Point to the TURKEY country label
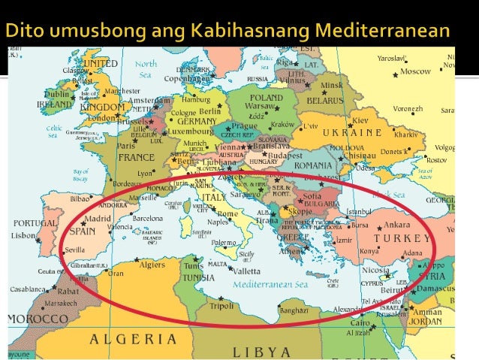point(405,238)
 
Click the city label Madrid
point(97,219)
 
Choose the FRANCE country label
point(137,159)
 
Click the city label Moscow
point(415,71)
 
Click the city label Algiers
point(153,265)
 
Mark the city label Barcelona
point(146,219)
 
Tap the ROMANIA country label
point(313,165)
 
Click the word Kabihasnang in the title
point(254,31)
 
